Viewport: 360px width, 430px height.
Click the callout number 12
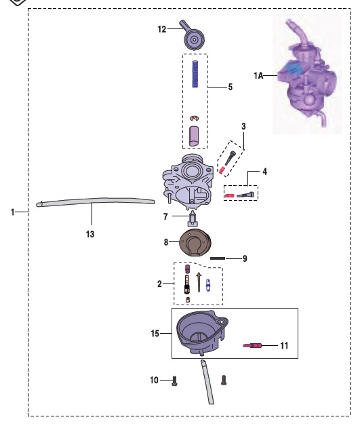(162, 29)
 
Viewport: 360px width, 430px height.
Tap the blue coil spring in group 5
(195, 74)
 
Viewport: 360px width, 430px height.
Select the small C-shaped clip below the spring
(195, 119)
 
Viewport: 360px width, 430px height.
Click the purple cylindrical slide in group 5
(194, 136)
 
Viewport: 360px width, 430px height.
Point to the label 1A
(258, 75)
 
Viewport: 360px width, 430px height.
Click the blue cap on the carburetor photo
(294, 69)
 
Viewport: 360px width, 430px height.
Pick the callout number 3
(243, 126)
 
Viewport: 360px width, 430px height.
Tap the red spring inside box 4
(229, 196)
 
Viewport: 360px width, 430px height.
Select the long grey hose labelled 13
(96, 201)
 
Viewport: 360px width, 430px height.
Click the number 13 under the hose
(90, 234)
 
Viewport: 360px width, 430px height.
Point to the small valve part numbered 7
(193, 218)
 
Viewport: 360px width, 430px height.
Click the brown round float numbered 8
(195, 243)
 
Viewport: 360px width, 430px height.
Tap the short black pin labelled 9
(218, 258)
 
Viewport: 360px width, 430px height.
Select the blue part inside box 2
(208, 286)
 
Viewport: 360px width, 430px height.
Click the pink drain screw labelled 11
(252, 345)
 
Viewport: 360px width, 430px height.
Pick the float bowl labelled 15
(202, 332)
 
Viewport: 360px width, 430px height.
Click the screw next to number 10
(174, 380)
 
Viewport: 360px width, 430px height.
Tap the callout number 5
(231, 87)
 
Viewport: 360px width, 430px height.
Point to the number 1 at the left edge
(13, 212)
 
